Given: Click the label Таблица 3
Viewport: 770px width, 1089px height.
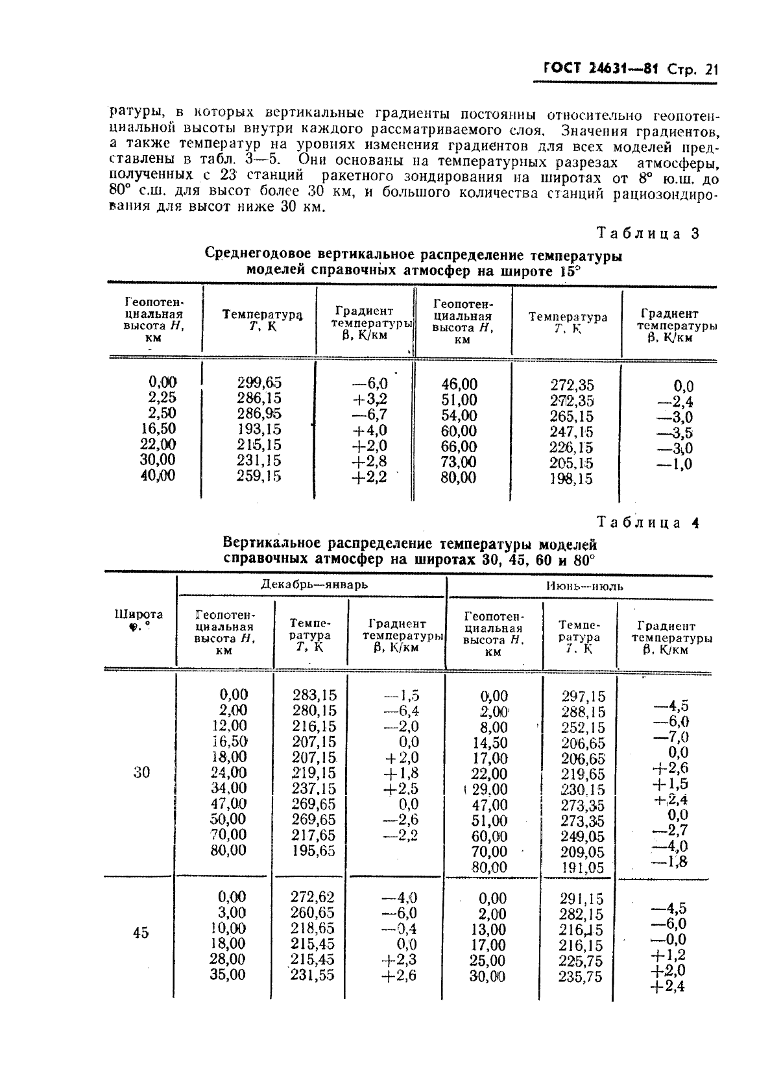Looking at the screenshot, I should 647,233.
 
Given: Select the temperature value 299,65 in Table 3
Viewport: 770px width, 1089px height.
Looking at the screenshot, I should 259,383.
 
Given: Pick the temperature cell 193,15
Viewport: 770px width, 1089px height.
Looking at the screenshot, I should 259,429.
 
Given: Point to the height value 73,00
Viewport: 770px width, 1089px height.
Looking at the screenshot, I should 459,462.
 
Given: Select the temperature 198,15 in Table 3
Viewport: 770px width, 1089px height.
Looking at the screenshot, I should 571,479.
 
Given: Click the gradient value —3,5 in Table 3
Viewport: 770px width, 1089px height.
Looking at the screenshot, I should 675,433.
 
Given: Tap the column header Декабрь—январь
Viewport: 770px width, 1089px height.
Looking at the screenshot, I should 314,584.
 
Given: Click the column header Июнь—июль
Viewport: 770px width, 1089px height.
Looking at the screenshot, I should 584,586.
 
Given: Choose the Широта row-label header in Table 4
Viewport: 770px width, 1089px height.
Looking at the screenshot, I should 139,619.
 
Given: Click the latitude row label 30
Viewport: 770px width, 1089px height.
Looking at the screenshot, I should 141,772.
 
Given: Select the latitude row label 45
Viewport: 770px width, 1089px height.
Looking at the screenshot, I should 141,933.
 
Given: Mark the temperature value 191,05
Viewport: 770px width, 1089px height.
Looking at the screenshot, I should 582,868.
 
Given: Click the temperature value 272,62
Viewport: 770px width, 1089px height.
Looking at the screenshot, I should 313,898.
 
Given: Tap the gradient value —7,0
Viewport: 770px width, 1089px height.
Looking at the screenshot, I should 671,737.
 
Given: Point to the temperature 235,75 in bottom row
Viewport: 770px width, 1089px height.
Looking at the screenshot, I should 581,977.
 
